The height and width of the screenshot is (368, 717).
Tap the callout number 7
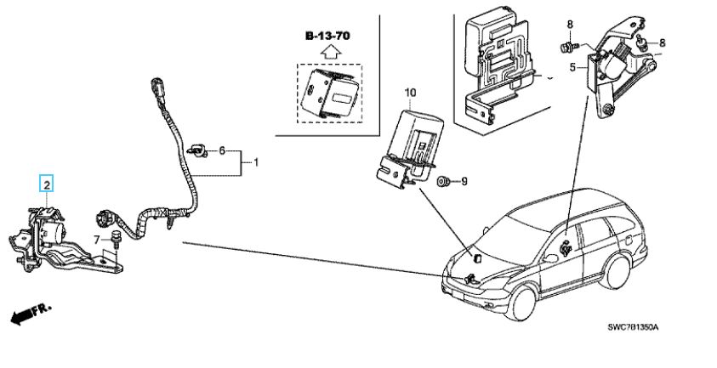[97, 239]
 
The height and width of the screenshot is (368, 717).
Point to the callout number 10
[409, 91]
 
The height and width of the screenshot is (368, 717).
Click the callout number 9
[464, 181]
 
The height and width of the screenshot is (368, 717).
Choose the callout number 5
[573, 66]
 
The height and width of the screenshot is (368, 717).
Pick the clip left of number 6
[199, 150]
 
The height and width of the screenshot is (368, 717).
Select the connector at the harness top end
[157, 88]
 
